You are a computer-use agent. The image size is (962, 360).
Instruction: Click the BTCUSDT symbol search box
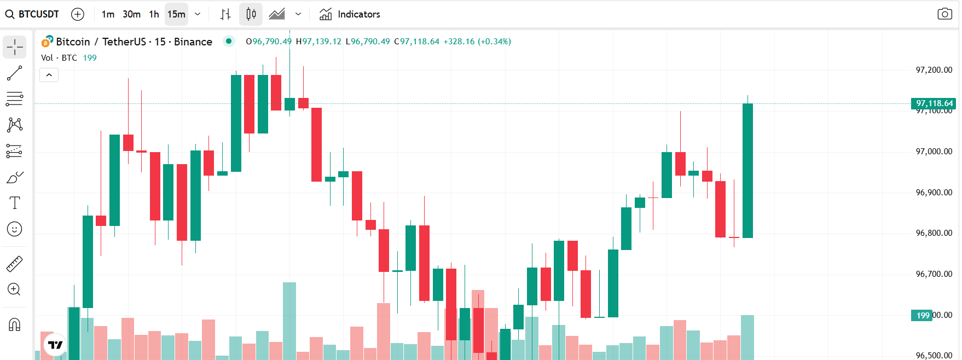[x=33, y=14]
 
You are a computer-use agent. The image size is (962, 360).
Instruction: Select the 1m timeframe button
[x=108, y=14]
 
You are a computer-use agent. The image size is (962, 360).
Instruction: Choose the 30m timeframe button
[x=131, y=14]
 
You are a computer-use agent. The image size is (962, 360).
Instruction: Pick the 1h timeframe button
[x=154, y=14]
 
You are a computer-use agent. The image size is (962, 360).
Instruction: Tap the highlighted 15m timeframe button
[x=176, y=14]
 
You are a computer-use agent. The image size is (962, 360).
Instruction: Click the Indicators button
[x=350, y=14]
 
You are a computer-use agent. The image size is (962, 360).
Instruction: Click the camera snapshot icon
[x=944, y=14]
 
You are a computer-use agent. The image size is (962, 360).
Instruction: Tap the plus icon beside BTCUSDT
[x=78, y=14]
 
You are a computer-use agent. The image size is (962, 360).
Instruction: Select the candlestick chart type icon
[x=251, y=14]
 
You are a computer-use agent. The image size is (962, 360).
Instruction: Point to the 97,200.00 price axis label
[x=934, y=70]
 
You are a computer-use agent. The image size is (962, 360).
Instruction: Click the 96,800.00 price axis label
[x=934, y=233]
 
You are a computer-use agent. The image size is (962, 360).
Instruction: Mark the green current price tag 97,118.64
[x=934, y=103]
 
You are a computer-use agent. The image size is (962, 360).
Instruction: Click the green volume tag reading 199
[x=923, y=315]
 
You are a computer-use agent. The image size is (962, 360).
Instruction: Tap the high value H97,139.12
[x=318, y=42]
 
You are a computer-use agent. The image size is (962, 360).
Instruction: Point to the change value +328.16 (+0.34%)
[x=477, y=42]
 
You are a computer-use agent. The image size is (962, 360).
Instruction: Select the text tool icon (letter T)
[x=15, y=203]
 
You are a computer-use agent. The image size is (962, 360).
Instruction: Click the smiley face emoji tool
[x=15, y=229]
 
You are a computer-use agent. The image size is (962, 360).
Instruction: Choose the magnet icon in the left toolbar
[x=15, y=325]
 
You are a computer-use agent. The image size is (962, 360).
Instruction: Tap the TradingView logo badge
[x=55, y=345]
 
